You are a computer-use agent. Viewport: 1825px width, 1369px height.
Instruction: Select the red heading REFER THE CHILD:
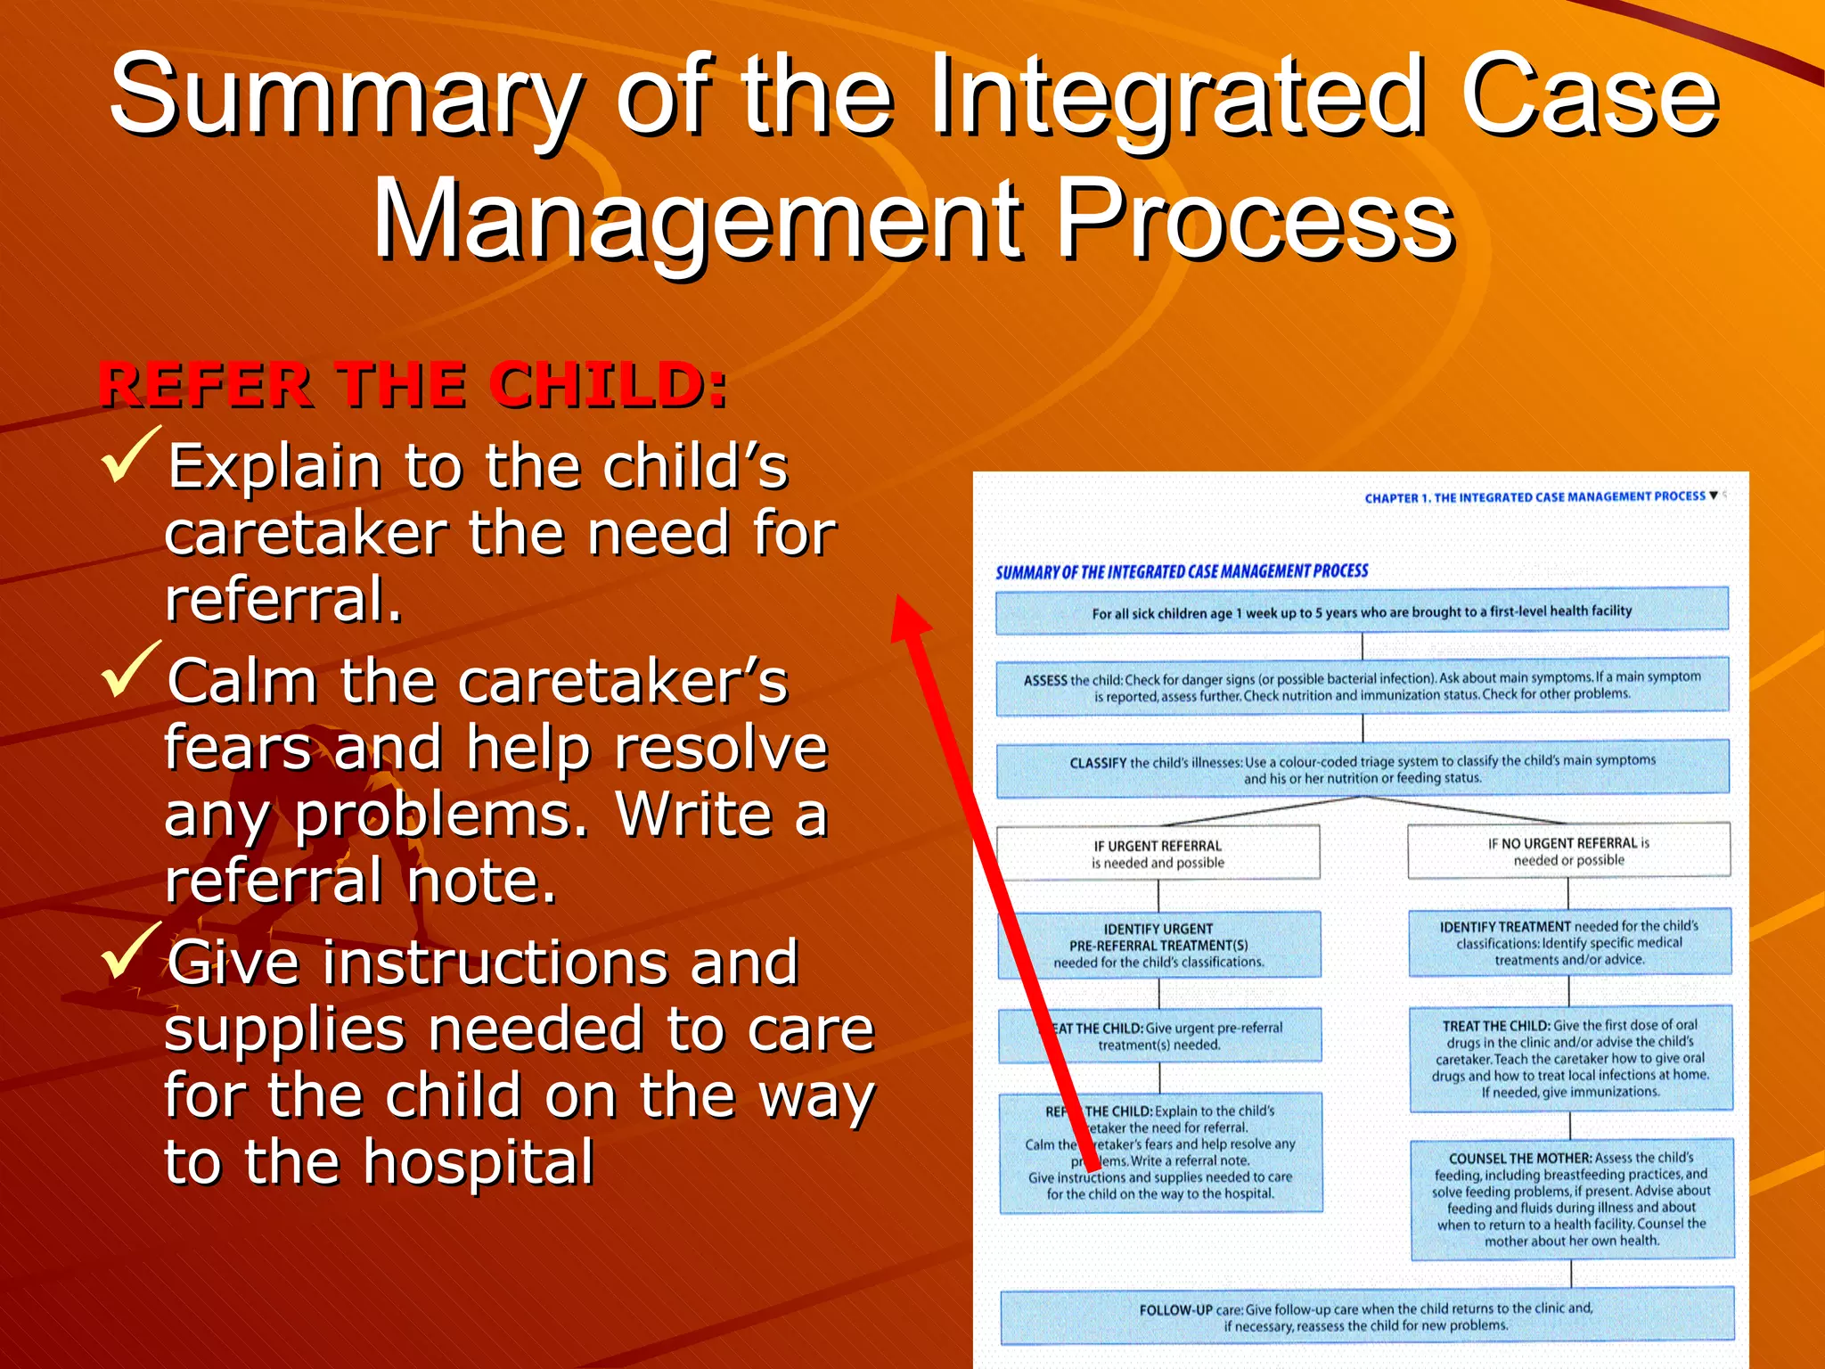[413, 385]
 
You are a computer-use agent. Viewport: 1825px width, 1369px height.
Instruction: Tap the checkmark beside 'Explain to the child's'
[131, 456]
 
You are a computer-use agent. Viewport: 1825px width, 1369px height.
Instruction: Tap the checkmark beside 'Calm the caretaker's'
[131, 670]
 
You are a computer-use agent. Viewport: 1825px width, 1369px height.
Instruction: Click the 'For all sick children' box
[1362, 611]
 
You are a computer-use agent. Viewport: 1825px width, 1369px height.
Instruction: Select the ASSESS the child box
[1362, 686]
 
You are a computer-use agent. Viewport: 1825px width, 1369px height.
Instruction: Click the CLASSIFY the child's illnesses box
[1362, 769]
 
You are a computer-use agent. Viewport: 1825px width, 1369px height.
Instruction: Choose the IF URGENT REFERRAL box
[1158, 854]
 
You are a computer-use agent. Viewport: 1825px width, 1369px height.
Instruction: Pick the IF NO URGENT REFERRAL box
[1568, 851]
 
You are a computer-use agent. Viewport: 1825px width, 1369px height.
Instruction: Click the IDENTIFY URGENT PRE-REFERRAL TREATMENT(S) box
[1158, 945]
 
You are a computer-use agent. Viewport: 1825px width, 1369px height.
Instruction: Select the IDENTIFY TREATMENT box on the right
[1569, 943]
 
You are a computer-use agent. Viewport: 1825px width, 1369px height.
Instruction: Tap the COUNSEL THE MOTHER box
[1571, 1199]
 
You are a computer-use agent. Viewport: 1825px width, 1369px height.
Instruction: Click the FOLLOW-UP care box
[1366, 1316]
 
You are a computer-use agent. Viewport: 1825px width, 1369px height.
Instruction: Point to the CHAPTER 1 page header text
[1534, 497]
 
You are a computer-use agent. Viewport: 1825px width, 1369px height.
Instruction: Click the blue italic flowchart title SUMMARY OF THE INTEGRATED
[1182, 571]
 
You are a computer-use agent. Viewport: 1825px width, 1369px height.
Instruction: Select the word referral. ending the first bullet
[283, 599]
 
